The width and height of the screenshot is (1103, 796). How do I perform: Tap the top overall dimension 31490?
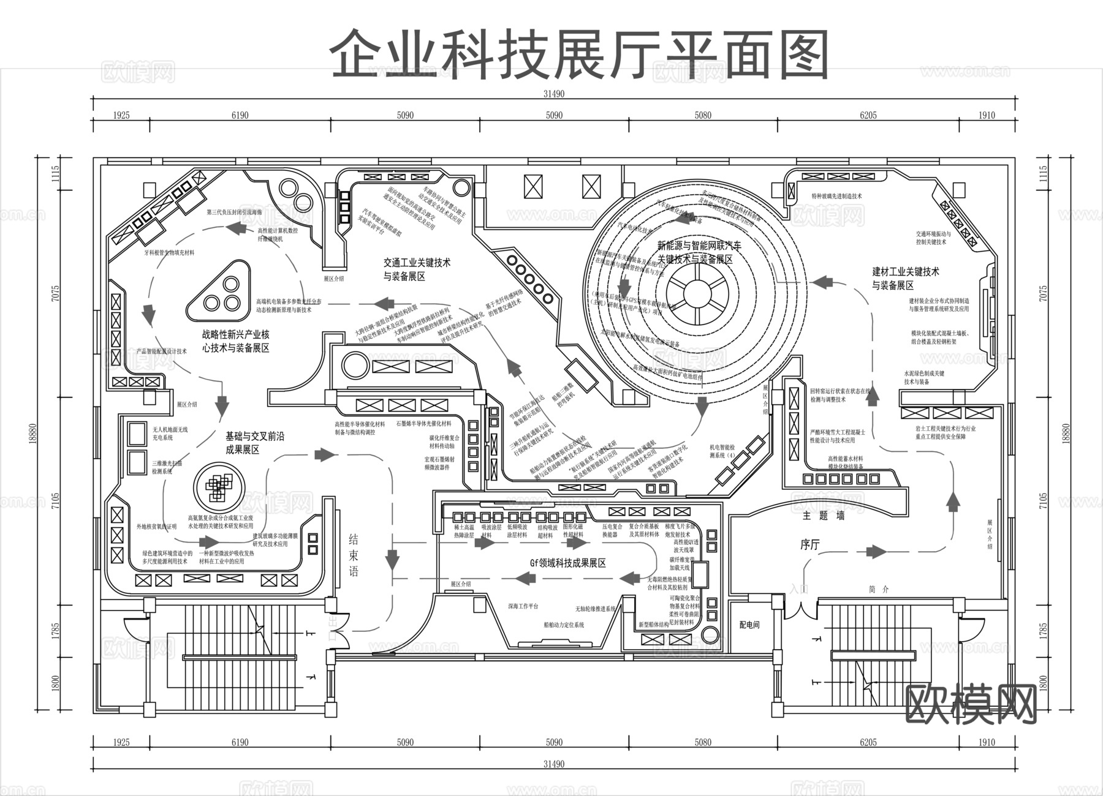pyautogui.click(x=553, y=94)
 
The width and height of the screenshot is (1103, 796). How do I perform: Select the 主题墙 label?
pyautogui.click(x=824, y=516)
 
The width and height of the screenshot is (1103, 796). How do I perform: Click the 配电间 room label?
pyautogui.click(x=749, y=625)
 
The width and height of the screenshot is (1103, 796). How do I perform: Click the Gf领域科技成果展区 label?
pyautogui.click(x=567, y=563)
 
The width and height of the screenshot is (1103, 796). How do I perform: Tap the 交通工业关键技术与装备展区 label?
pyautogui.click(x=417, y=269)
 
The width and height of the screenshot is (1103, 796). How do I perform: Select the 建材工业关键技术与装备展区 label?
pyautogui.click(x=905, y=278)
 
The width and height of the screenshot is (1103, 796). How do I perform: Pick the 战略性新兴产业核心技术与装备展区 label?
pyautogui.click(x=235, y=341)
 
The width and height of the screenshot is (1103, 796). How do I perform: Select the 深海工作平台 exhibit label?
pyautogui.click(x=523, y=606)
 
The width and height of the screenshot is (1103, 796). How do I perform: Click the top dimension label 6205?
pyautogui.click(x=868, y=115)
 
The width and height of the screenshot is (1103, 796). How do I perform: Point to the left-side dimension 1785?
pyautogui.click(x=56, y=631)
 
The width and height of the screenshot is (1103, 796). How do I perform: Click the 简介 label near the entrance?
pyautogui.click(x=878, y=589)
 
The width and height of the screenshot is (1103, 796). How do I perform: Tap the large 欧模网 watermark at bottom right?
pyautogui.click(x=971, y=704)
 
